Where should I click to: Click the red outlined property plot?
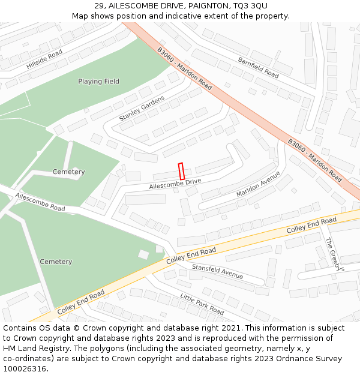181,172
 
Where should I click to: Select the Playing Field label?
98,82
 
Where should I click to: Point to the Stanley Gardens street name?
142,108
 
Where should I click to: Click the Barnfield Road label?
258,68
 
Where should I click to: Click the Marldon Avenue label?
259,184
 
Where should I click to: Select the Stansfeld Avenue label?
217,271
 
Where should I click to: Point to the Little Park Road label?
202,304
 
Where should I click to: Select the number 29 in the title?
99,5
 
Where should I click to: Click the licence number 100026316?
25,369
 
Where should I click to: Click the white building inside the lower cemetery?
143,254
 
